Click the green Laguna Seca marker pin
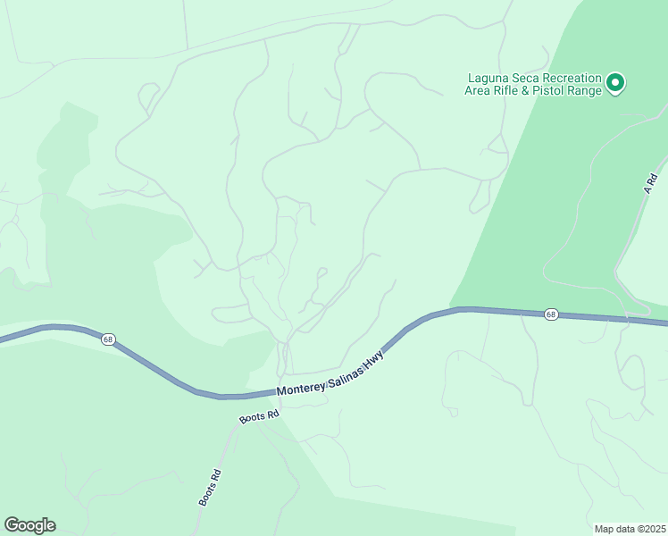click(614, 84)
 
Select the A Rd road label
click(651, 184)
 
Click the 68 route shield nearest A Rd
click(552, 314)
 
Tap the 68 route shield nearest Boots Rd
click(108, 339)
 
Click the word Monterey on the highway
click(305, 387)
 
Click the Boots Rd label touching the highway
click(259, 415)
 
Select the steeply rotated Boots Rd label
click(209, 488)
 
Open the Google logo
click(29, 525)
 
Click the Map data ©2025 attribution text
click(630, 529)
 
